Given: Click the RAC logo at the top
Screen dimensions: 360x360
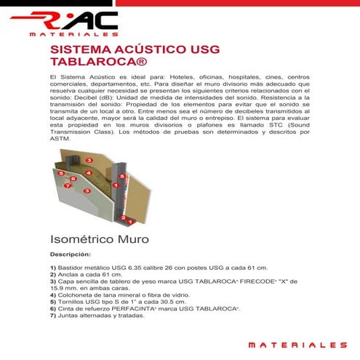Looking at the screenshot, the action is (x=73, y=23).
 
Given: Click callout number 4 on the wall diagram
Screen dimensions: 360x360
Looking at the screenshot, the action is (x=88, y=173).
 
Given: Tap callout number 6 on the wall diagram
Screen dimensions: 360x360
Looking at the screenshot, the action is (x=73, y=179).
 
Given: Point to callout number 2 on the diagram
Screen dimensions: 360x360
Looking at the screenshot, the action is (x=124, y=217).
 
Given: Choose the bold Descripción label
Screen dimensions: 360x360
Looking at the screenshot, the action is (x=71, y=255).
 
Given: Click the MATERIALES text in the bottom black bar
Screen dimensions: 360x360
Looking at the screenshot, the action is (x=297, y=344).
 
